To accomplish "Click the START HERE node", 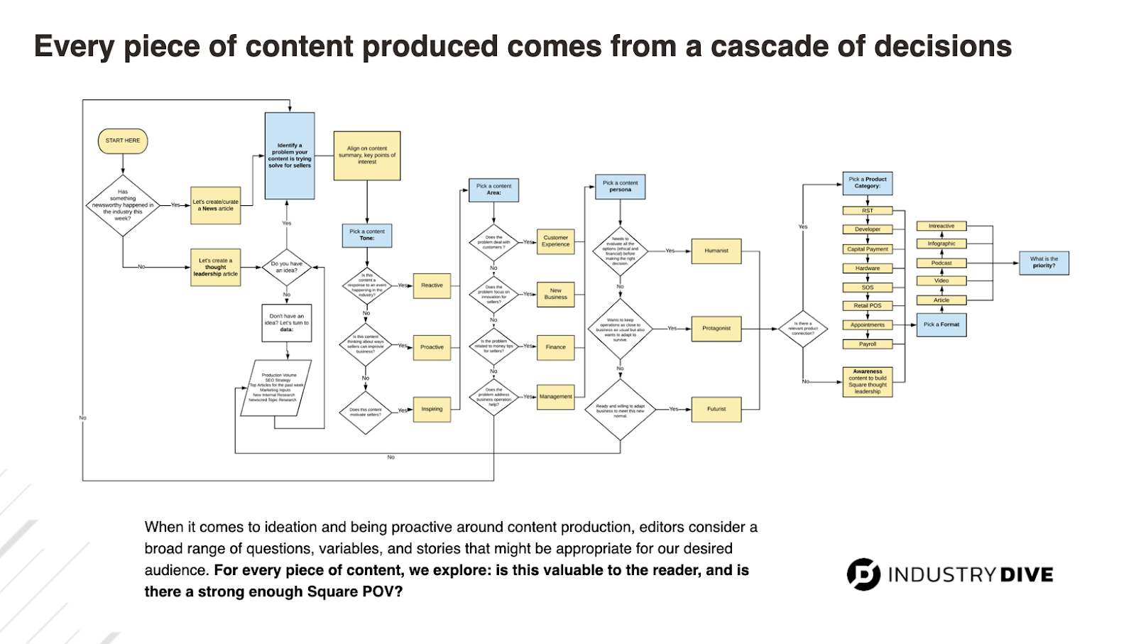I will [x=123, y=141].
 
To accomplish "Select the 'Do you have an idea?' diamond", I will [x=287, y=268].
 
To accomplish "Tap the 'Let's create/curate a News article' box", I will [x=216, y=206].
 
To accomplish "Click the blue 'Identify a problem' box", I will [x=290, y=155].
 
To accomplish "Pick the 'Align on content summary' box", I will [x=367, y=155].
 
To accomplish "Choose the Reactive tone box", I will [x=432, y=285].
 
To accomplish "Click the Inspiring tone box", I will [x=432, y=409].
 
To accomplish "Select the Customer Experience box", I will [x=555, y=241].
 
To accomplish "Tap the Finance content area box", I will [x=555, y=347].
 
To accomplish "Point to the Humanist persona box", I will [x=716, y=251].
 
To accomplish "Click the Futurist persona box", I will [x=716, y=409].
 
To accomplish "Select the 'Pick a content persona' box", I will [x=620, y=187].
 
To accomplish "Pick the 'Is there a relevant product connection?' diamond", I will [x=803, y=329].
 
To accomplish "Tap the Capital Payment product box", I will [x=868, y=249].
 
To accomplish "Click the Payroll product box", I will [x=868, y=344].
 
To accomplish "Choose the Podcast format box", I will [x=941, y=263].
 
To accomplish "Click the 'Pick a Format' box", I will [x=941, y=324].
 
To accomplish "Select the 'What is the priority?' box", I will [x=1044, y=263].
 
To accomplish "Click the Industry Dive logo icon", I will [x=863, y=574].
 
